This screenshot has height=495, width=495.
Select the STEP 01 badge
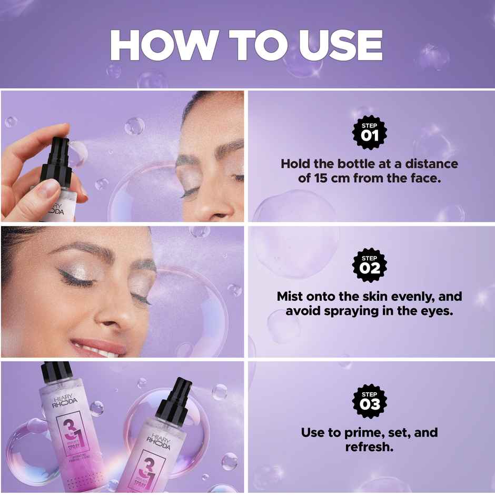click(369, 131)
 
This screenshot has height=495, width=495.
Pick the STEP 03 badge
click(369, 400)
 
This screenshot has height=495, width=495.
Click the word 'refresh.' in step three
click(369, 447)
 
